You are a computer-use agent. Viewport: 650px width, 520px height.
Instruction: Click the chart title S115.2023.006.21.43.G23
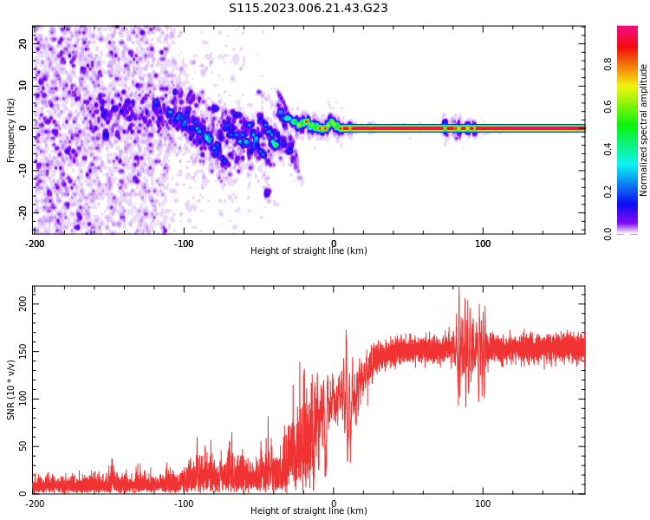click(309, 9)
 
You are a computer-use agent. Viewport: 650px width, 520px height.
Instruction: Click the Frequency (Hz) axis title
click(11, 129)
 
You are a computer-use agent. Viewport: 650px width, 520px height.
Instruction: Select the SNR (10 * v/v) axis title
click(11, 390)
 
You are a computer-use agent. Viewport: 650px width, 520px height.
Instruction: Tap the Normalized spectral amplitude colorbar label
click(644, 129)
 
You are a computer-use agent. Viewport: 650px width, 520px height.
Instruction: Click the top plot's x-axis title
click(309, 251)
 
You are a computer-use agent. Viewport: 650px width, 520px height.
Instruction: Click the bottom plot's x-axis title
click(309, 511)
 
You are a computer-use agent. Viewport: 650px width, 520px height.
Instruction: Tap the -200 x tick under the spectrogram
click(35, 244)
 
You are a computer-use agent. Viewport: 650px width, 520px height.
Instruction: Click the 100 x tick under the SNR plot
click(483, 504)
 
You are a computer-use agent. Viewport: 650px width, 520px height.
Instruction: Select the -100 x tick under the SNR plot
click(184, 504)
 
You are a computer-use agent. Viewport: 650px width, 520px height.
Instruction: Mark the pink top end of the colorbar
click(627, 29)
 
